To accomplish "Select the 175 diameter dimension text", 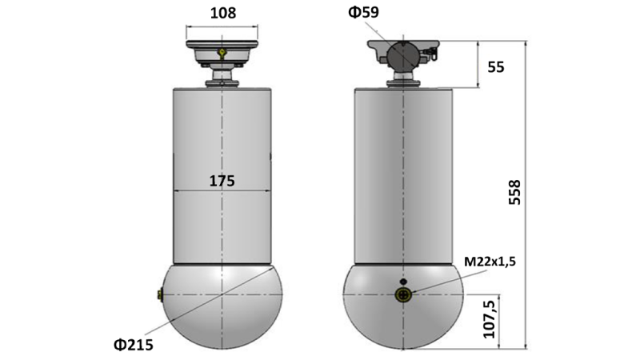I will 222,181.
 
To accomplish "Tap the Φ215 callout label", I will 134,345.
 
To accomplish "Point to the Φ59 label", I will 364,13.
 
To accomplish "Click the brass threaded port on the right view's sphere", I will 403,295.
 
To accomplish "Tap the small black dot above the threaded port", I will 403,281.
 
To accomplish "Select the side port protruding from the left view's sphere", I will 160,296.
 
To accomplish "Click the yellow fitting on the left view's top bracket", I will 222,54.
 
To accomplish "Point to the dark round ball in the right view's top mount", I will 403,56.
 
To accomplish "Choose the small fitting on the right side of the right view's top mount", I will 432,54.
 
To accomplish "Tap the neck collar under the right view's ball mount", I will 403,80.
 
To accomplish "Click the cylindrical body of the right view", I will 403,176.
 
